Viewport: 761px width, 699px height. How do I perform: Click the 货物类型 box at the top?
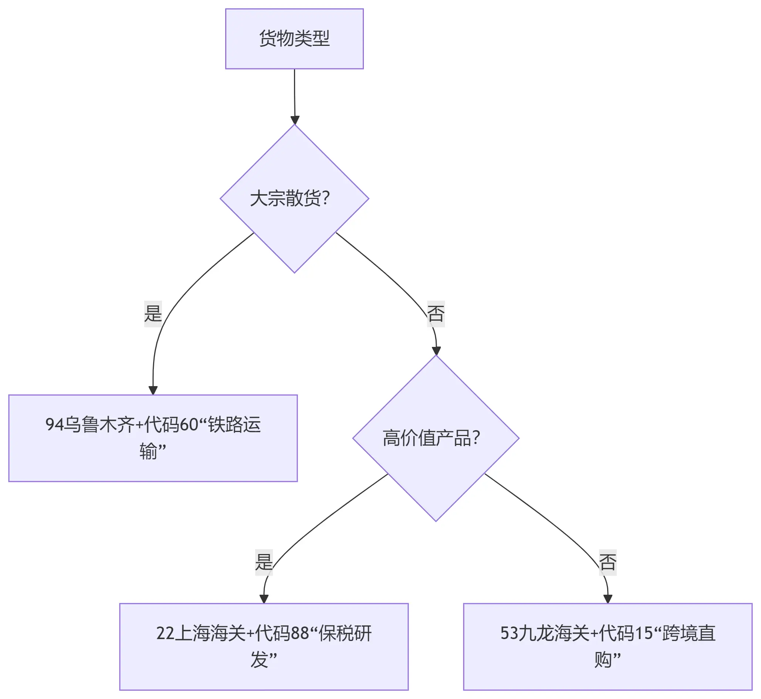coord(294,38)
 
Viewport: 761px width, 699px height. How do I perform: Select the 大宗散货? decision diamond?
coord(294,199)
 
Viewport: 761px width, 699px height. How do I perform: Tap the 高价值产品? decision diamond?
coord(436,438)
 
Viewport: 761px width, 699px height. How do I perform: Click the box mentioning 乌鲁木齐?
coord(153,438)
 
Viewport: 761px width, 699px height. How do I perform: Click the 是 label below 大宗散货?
coord(153,314)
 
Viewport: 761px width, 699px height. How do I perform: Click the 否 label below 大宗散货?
coord(436,314)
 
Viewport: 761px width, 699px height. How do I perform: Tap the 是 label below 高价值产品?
coord(264,562)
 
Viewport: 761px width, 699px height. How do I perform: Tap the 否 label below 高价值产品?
coord(608,562)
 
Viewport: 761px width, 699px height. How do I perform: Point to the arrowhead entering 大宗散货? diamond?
coord(295,120)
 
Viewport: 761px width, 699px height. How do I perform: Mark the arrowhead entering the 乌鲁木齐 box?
coord(153,390)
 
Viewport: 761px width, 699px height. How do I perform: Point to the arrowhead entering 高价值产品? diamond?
coord(436,350)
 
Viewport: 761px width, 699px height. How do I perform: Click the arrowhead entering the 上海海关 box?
coord(264,599)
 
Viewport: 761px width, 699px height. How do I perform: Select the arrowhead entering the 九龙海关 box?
coord(608,599)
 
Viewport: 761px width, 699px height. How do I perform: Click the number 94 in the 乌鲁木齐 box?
coord(54,425)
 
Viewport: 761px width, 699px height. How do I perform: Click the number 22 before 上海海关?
coord(165,634)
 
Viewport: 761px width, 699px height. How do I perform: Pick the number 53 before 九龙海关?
coord(509,634)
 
